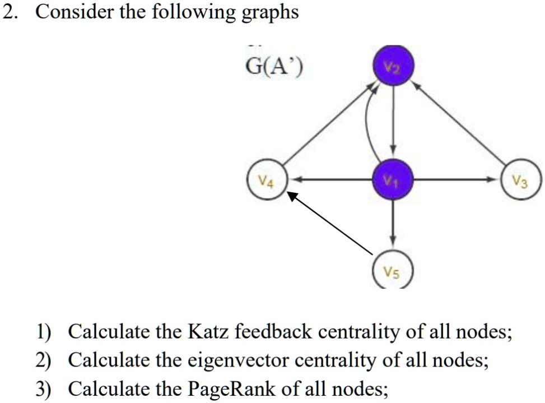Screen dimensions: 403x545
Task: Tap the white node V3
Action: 522,180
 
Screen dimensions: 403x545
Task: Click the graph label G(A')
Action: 274,69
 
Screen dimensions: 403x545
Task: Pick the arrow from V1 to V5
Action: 393,224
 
